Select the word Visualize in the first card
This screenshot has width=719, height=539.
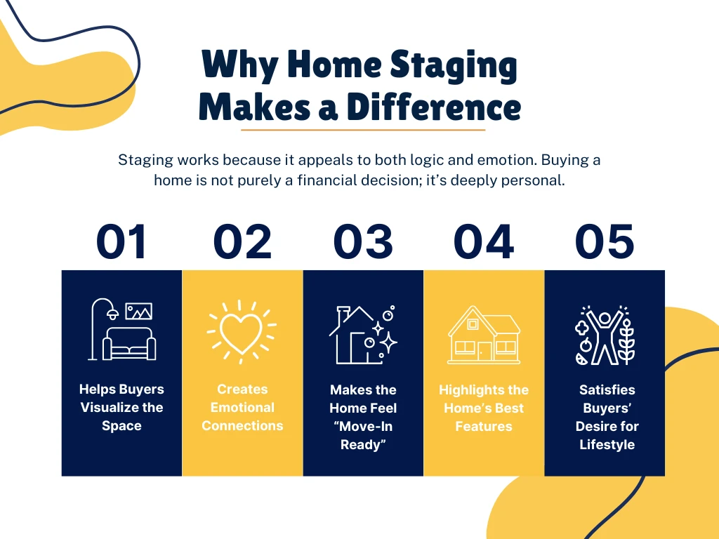tap(121, 408)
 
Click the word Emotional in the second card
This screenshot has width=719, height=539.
tap(242, 408)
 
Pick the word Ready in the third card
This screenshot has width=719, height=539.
tap(363, 444)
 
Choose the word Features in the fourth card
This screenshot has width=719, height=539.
tap(484, 426)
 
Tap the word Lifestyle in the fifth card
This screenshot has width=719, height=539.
tap(607, 444)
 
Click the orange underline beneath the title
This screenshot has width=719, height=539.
tap(363, 130)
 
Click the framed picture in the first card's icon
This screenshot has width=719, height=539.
tap(138, 311)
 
